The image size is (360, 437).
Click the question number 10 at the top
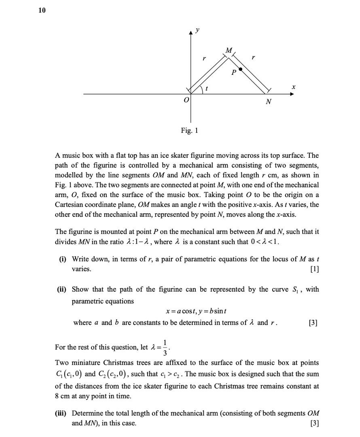click(42, 11)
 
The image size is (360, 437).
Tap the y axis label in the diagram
click(197, 30)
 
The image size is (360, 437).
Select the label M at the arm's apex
click(229, 51)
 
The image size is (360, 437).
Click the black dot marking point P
click(241, 70)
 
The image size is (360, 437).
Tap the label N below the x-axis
click(268, 102)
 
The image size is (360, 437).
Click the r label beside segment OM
click(204, 59)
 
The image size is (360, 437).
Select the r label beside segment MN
click(253, 58)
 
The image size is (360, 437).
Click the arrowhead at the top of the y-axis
click(191, 34)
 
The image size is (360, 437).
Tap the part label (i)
click(63, 259)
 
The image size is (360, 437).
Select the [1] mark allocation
click(314, 269)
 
